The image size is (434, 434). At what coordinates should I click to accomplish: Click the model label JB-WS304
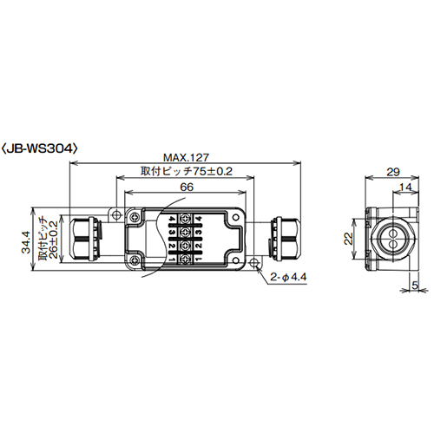tap(43, 148)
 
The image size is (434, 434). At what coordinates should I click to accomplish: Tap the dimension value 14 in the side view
tap(405, 187)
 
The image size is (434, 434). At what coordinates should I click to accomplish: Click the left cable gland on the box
tap(85, 237)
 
